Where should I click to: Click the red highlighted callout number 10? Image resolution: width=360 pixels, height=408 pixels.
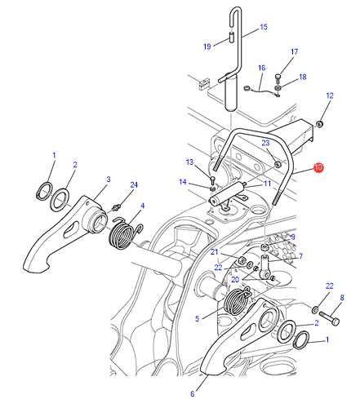pos(318,167)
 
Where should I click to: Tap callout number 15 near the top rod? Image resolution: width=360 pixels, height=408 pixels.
pos(264,27)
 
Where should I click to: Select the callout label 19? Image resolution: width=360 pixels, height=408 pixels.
pos(207,47)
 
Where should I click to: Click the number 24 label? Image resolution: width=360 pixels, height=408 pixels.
pos(134,185)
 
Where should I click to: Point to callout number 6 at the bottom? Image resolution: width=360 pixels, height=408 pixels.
pos(193,394)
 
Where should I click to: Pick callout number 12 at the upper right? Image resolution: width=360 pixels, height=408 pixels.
pos(330,95)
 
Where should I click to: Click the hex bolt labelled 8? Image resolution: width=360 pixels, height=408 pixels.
pos(329,318)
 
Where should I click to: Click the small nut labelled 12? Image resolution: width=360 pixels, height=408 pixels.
pos(319,124)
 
